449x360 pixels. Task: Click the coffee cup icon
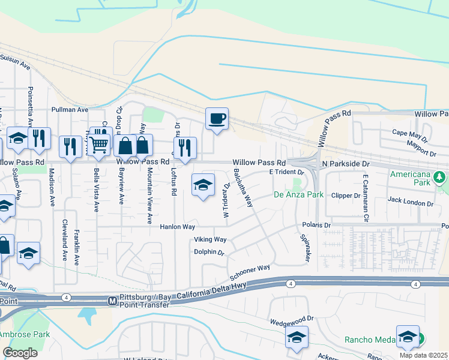point(217,118)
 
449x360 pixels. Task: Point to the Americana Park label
point(410,178)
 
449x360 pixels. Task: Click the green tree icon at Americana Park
point(440,177)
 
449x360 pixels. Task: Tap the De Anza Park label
point(298,194)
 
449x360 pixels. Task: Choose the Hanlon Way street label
point(177,227)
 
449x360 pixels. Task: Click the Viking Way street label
point(209,239)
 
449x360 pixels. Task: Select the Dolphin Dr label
point(208,252)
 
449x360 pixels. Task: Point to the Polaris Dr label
point(318,225)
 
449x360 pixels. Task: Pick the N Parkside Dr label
point(345,163)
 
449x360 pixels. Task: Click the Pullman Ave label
point(70,110)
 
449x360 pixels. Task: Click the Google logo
point(20,353)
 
